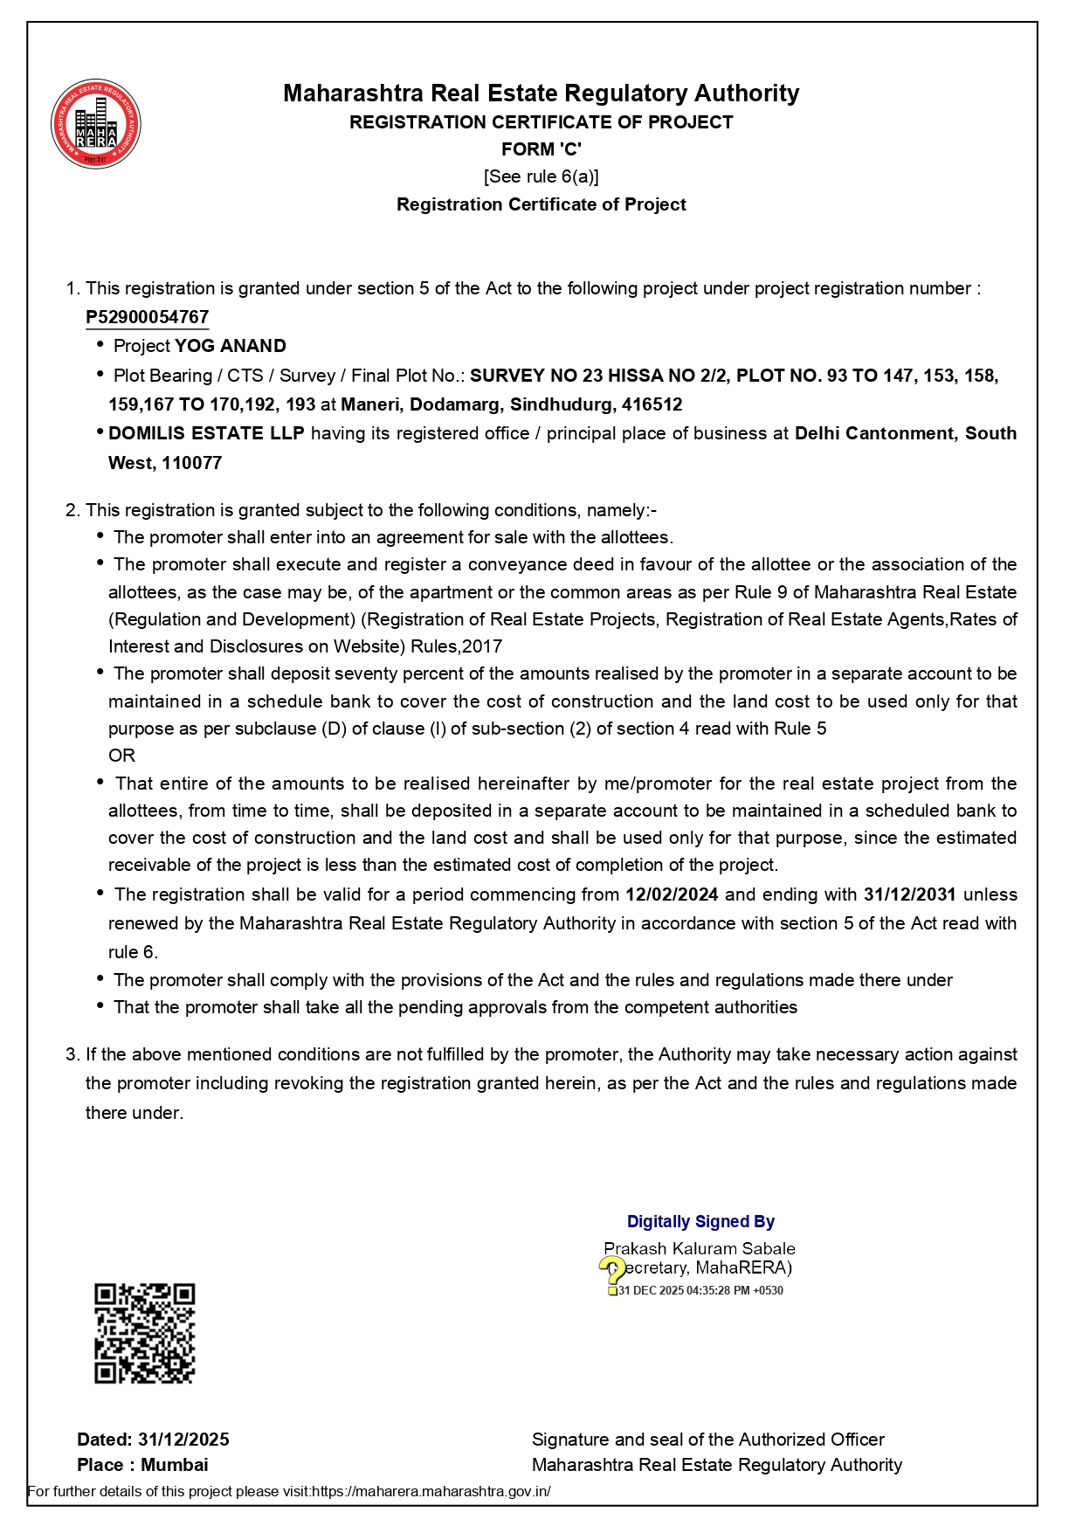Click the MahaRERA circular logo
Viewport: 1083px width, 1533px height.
point(96,124)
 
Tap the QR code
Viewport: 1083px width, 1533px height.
point(144,1333)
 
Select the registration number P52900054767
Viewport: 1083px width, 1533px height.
point(147,317)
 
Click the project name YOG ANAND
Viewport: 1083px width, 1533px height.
point(231,346)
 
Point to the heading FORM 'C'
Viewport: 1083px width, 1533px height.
point(541,149)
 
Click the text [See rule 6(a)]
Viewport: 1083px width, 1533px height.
point(541,176)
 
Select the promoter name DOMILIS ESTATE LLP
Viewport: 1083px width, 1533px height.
point(206,433)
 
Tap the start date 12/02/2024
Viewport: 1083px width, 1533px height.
point(672,894)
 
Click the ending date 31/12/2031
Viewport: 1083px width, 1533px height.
point(909,894)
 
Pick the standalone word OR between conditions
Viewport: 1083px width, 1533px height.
point(121,756)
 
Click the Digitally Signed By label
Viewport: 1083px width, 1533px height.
point(700,1221)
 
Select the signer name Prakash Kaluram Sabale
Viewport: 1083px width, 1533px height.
point(699,1248)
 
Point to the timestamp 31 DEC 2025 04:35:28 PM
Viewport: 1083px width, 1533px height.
point(700,1291)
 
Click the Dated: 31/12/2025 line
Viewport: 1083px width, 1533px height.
point(153,1440)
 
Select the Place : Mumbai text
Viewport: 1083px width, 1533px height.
point(142,1465)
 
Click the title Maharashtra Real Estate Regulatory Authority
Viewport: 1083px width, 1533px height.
point(541,93)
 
